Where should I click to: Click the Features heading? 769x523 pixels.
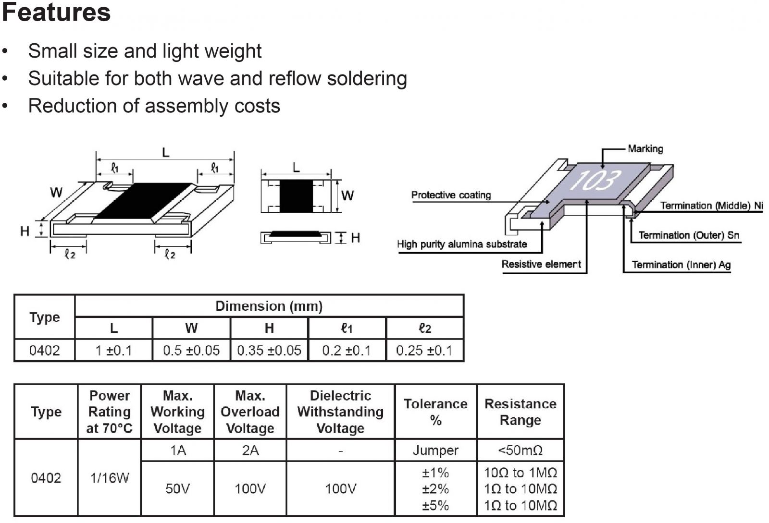pos(56,12)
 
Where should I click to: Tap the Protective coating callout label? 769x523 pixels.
pos(451,195)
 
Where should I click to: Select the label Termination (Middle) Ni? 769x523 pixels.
pos(711,206)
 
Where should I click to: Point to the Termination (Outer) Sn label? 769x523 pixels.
pos(689,235)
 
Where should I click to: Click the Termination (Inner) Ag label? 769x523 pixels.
pos(681,265)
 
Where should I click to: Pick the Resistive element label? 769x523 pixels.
pos(541,264)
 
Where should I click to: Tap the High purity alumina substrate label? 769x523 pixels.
pos(461,244)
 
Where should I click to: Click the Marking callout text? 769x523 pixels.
pos(645,149)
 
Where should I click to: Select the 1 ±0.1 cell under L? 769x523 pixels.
pos(113,351)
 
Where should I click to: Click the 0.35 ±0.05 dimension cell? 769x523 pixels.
pos(269,351)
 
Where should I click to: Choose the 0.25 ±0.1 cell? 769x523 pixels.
pos(424,351)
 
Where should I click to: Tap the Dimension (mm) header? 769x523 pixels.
pos(269,306)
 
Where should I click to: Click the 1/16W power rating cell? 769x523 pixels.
pos(110,478)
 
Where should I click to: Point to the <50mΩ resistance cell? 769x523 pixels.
pos(520,450)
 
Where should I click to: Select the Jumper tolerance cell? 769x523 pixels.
pos(435,450)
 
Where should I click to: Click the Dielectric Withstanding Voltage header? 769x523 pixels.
pos(340,412)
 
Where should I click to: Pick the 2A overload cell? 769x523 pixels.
pos(250,450)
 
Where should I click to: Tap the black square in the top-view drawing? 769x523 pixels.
pos(296,195)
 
